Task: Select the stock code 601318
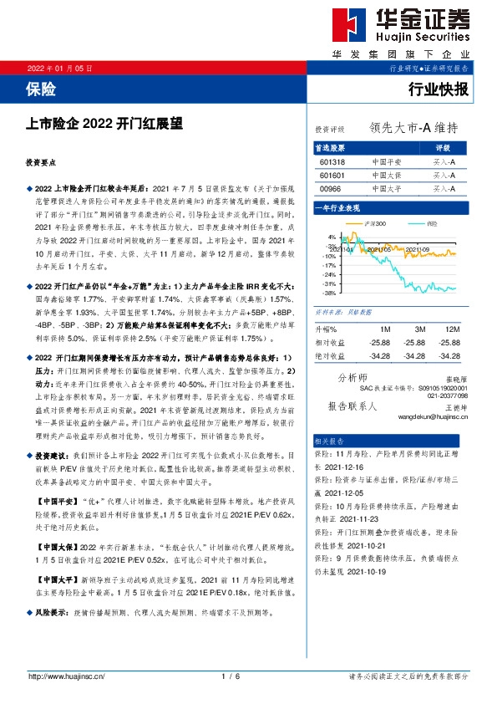(x=332, y=161)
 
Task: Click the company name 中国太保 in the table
(x=387, y=175)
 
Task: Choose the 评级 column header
(x=444, y=147)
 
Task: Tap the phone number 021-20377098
(x=447, y=395)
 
